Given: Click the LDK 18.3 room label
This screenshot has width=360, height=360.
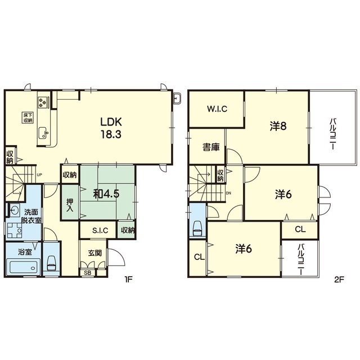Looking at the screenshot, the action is (111, 128).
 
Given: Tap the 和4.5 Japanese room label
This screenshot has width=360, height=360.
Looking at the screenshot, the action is (106, 194).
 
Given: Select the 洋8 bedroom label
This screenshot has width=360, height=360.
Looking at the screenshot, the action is (278, 126).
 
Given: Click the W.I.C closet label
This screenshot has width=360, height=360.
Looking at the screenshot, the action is (217, 109).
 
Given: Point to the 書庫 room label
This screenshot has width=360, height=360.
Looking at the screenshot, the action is (211, 147).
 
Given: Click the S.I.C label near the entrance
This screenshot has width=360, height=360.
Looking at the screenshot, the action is (100, 230).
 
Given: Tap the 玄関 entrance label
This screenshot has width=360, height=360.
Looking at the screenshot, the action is (95, 253).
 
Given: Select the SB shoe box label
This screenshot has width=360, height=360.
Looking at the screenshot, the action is (88, 273).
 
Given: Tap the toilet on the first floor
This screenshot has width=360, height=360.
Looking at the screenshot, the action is (51, 263).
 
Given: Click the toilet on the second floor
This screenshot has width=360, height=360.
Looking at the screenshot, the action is (197, 229).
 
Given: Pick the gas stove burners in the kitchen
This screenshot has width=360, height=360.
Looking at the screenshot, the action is (43, 102).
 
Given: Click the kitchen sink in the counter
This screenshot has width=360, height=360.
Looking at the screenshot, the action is (43, 133).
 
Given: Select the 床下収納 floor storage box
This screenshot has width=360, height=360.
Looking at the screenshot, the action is (28, 118).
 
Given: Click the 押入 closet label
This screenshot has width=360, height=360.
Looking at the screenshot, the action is (70, 205).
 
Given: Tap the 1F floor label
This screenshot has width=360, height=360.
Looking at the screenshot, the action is (128, 280).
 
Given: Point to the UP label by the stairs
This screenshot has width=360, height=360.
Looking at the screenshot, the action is (39, 175).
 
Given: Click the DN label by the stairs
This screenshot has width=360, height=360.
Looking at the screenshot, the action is (228, 193).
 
